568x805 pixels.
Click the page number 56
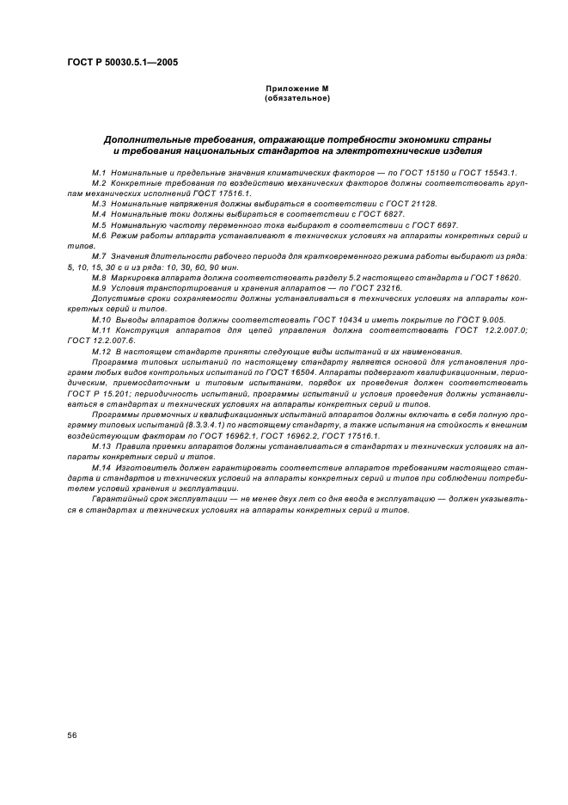point(73,734)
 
